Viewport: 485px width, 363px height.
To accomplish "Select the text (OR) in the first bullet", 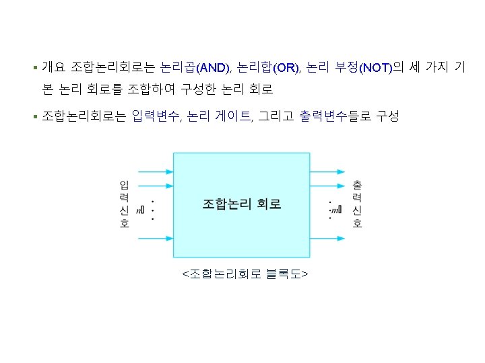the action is [286, 68].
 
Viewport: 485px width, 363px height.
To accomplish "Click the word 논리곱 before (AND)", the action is [178, 67].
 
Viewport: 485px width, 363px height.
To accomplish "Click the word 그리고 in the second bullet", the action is [276, 116].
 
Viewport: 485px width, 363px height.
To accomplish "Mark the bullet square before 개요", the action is [34, 68].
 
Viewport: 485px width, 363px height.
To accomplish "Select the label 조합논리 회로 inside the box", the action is [242, 203].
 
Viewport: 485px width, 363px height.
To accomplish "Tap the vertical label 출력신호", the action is [357, 204].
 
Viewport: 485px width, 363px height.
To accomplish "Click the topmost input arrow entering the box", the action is [156, 171].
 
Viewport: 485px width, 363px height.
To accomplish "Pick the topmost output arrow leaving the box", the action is [328, 171].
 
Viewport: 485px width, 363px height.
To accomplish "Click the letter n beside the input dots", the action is [139, 210].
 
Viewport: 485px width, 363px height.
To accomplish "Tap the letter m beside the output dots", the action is [335, 210].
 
